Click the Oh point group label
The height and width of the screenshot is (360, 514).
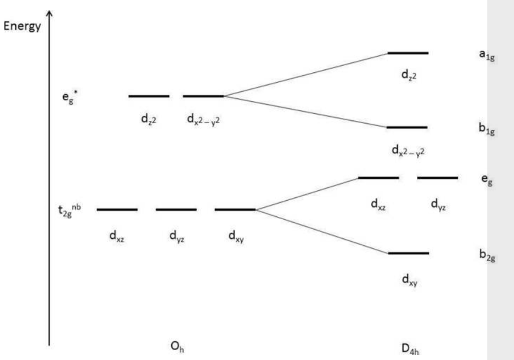(177, 347)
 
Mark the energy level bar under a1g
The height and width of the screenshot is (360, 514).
(408, 53)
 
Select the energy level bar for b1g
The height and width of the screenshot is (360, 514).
(407, 127)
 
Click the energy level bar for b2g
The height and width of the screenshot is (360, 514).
(408, 253)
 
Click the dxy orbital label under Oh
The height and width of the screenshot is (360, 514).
(237, 237)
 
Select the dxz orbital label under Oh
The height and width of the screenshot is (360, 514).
(117, 237)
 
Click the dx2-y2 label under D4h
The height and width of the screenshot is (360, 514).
(408, 151)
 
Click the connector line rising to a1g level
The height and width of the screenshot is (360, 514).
(305, 75)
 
